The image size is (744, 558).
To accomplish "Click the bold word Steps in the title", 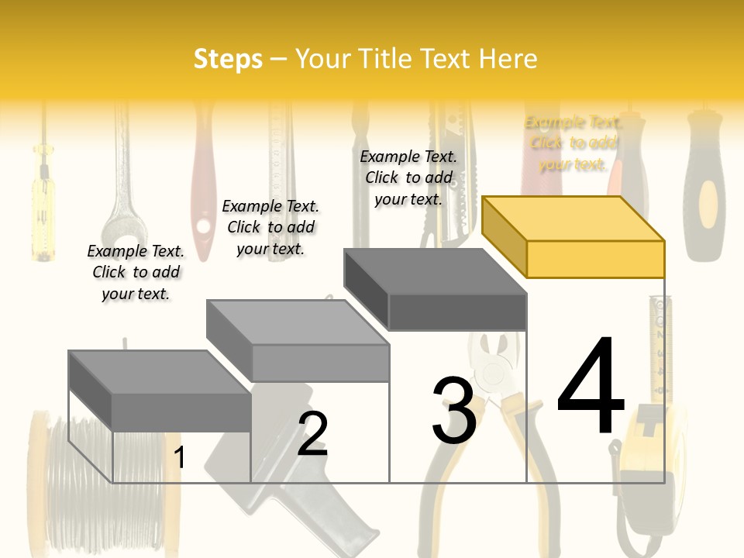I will coord(228,59).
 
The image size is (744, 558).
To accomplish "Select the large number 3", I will coord(453,411).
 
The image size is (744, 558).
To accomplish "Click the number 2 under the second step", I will coord(312,434).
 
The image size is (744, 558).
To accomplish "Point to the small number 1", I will coord(179,457).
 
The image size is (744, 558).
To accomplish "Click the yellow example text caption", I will coord(573,143).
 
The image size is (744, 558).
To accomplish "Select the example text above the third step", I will coord(408,177).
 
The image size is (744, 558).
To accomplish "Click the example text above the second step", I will coord(270,227).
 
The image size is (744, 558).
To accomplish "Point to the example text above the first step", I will coord(136,272).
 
